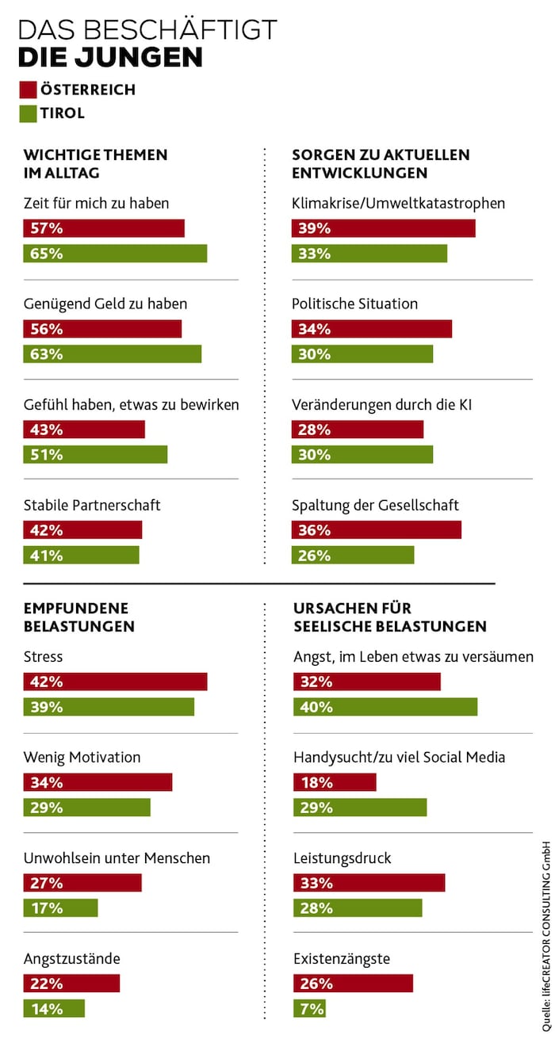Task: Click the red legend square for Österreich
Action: tap(29, 90)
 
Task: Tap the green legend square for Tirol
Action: tap(29, 113)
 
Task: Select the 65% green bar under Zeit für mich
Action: tap(115, 254)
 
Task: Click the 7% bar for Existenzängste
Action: tap(309, 1009)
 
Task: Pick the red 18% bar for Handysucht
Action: tap(335, 782)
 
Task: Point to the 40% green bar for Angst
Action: tap(385, 707)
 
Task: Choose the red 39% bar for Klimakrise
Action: tap(384, 228)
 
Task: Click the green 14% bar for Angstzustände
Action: tap(54, 1009)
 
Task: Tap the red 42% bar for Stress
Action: tap(115, 682)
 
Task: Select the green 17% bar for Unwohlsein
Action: tap(60, 908)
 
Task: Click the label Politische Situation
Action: tap(354, 304)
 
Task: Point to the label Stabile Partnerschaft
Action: tap(92, 505)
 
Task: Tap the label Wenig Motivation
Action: tap(82, 757)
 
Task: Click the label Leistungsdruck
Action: tap(343, 858)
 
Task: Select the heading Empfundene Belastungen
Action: tap(79, 617)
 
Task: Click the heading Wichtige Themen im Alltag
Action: tap(95, 163)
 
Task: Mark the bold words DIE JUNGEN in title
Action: tap(110, 57)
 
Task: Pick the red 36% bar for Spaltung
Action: tap(377, 530)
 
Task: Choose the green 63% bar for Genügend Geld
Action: tap(112, 354)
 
